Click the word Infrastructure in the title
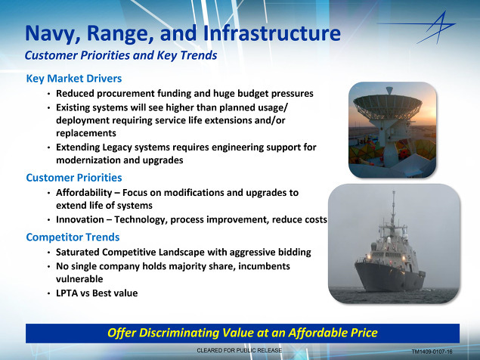coord(271,33)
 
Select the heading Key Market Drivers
coord(74,79)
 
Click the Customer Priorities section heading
coord(74,178)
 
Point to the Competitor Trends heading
coord(73,237)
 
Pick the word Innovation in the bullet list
coord(80,219)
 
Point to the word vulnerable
coord(79,279)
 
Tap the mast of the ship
coord(394,208)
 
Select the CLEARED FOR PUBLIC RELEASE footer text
coord(240,350)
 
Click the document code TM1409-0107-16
coord(432,352)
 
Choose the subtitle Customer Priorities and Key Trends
coord(121,55)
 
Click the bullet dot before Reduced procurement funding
coord(49,94)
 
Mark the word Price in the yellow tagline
coord(364,333)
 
